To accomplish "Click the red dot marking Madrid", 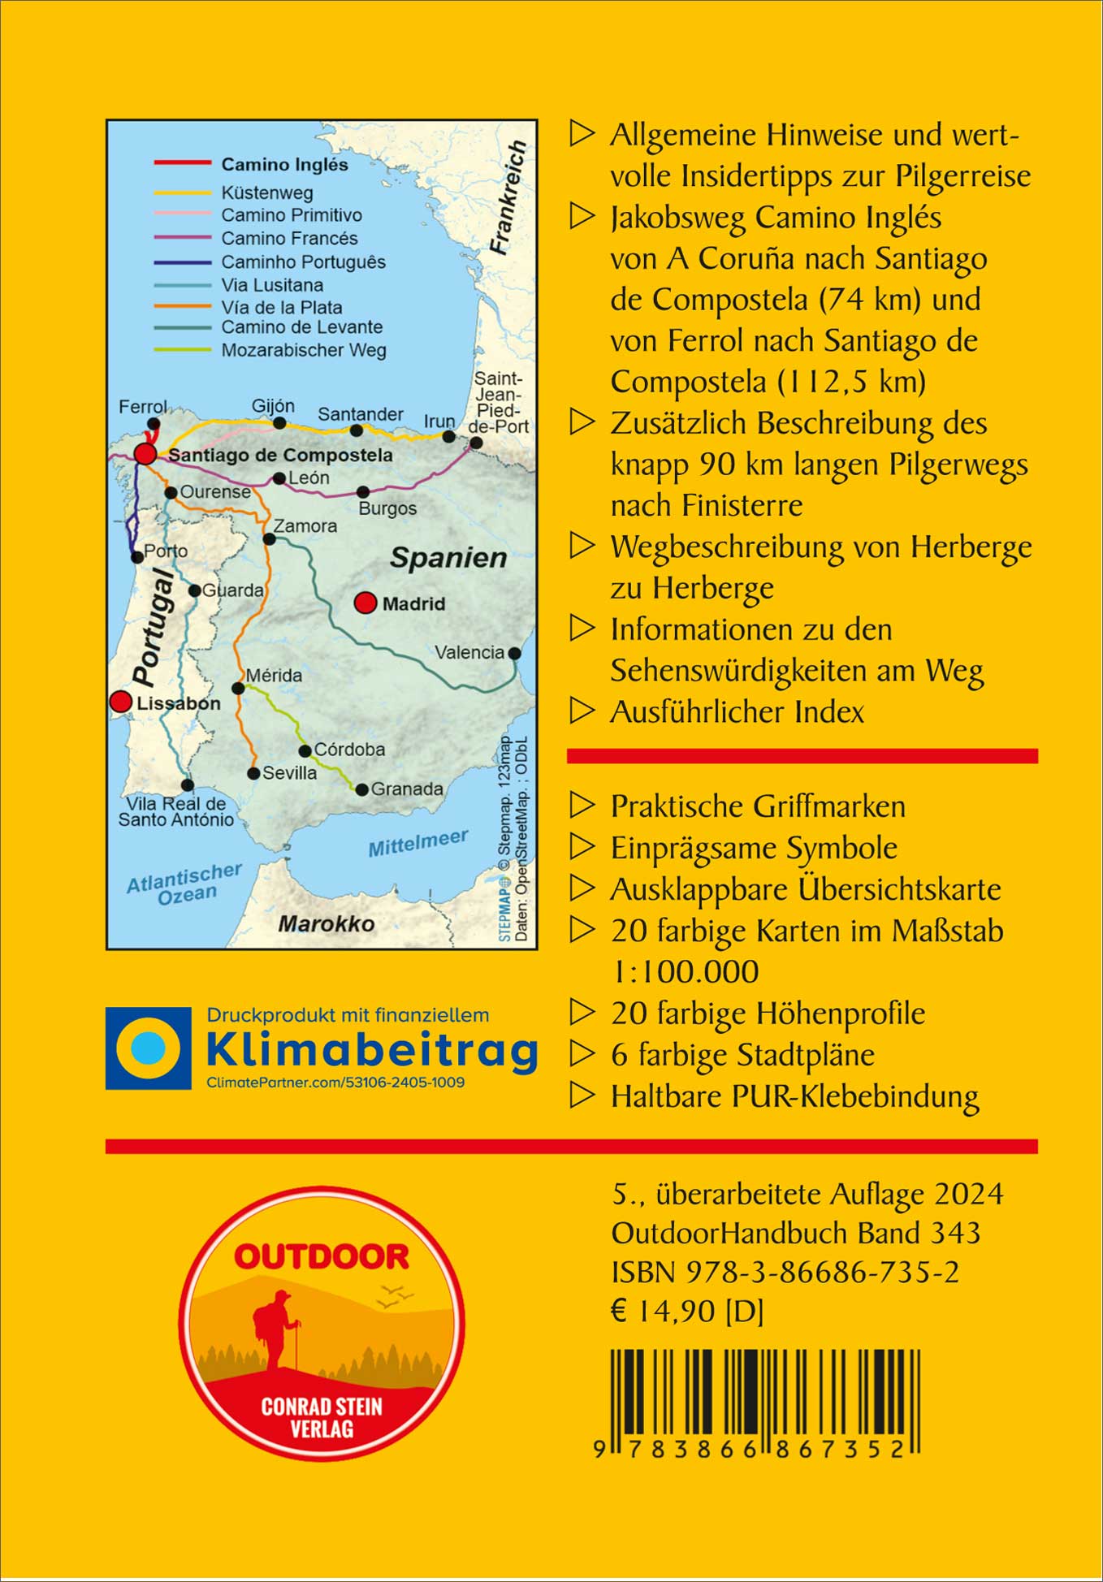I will [x=366, y=603].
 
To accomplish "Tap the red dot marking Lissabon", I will [x=121, y=702].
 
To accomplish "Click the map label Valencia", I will [x=469, y=652].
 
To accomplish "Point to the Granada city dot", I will [x=362, y=789].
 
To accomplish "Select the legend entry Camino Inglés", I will [x=284, y=165].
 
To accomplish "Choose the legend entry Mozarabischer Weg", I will [x=304, y=350].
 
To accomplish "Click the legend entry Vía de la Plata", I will [x=282, y=307].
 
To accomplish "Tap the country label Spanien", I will [x=448, y=558].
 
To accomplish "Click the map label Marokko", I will [x=327, y=923].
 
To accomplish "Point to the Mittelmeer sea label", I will [x=418, y=843].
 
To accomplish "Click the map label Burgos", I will [x=387, y=508].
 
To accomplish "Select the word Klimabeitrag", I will [x=372, y=1050].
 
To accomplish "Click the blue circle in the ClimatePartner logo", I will [x=148, y=1048].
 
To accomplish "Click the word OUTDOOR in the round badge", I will [x=322, y=1257].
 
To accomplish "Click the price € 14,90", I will [x=663, y=1311].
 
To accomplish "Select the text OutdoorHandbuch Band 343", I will [x=795, y=1233].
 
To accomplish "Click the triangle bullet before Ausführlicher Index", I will [x=582, y=711].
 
